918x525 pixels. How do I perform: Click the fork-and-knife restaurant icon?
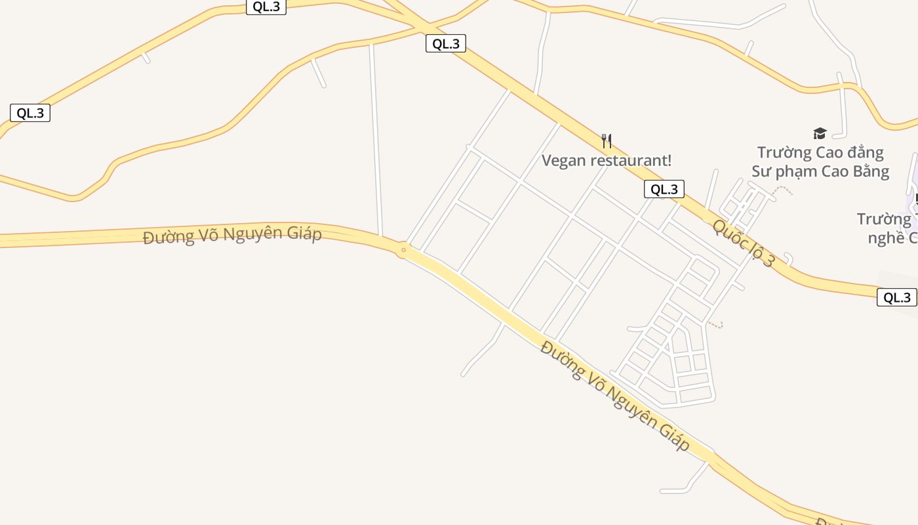click(607, 140)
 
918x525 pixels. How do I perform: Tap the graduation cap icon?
click(820, 134)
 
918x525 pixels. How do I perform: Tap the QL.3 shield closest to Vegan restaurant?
click(664, 190)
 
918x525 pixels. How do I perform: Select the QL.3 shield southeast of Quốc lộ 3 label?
click(896, 297)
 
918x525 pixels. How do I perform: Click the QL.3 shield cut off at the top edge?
click(266, 7)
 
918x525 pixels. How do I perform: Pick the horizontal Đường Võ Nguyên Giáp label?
click(232, 234)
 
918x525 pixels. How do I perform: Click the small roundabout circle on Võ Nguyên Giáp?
click(403, 249)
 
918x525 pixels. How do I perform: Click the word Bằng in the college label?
click(869, 172)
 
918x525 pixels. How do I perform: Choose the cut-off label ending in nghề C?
click(892, 238)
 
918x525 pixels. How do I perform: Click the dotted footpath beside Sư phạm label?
click(784, 190)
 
